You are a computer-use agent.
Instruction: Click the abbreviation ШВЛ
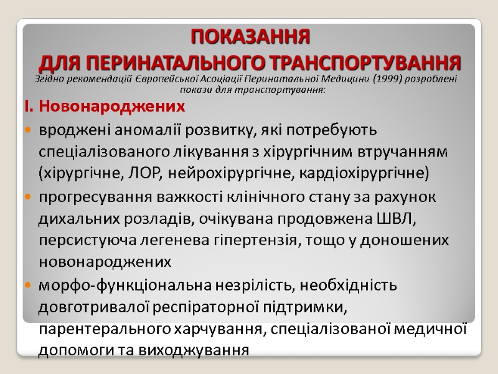(x=401, y=219)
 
